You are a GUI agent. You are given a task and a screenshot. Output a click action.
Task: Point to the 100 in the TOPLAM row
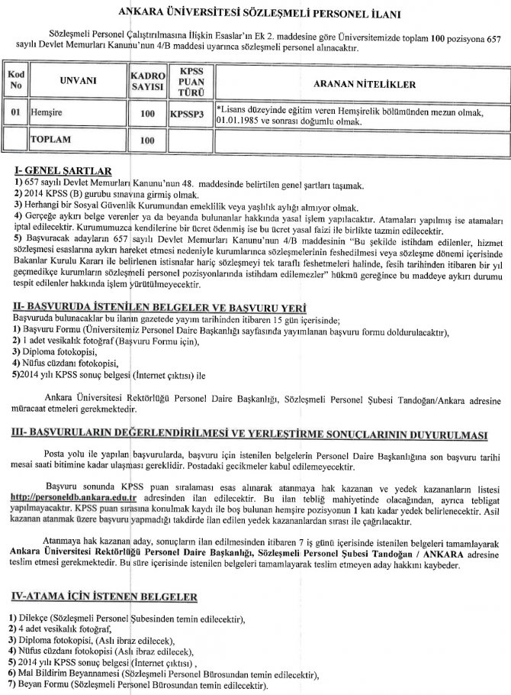[147, 141]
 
